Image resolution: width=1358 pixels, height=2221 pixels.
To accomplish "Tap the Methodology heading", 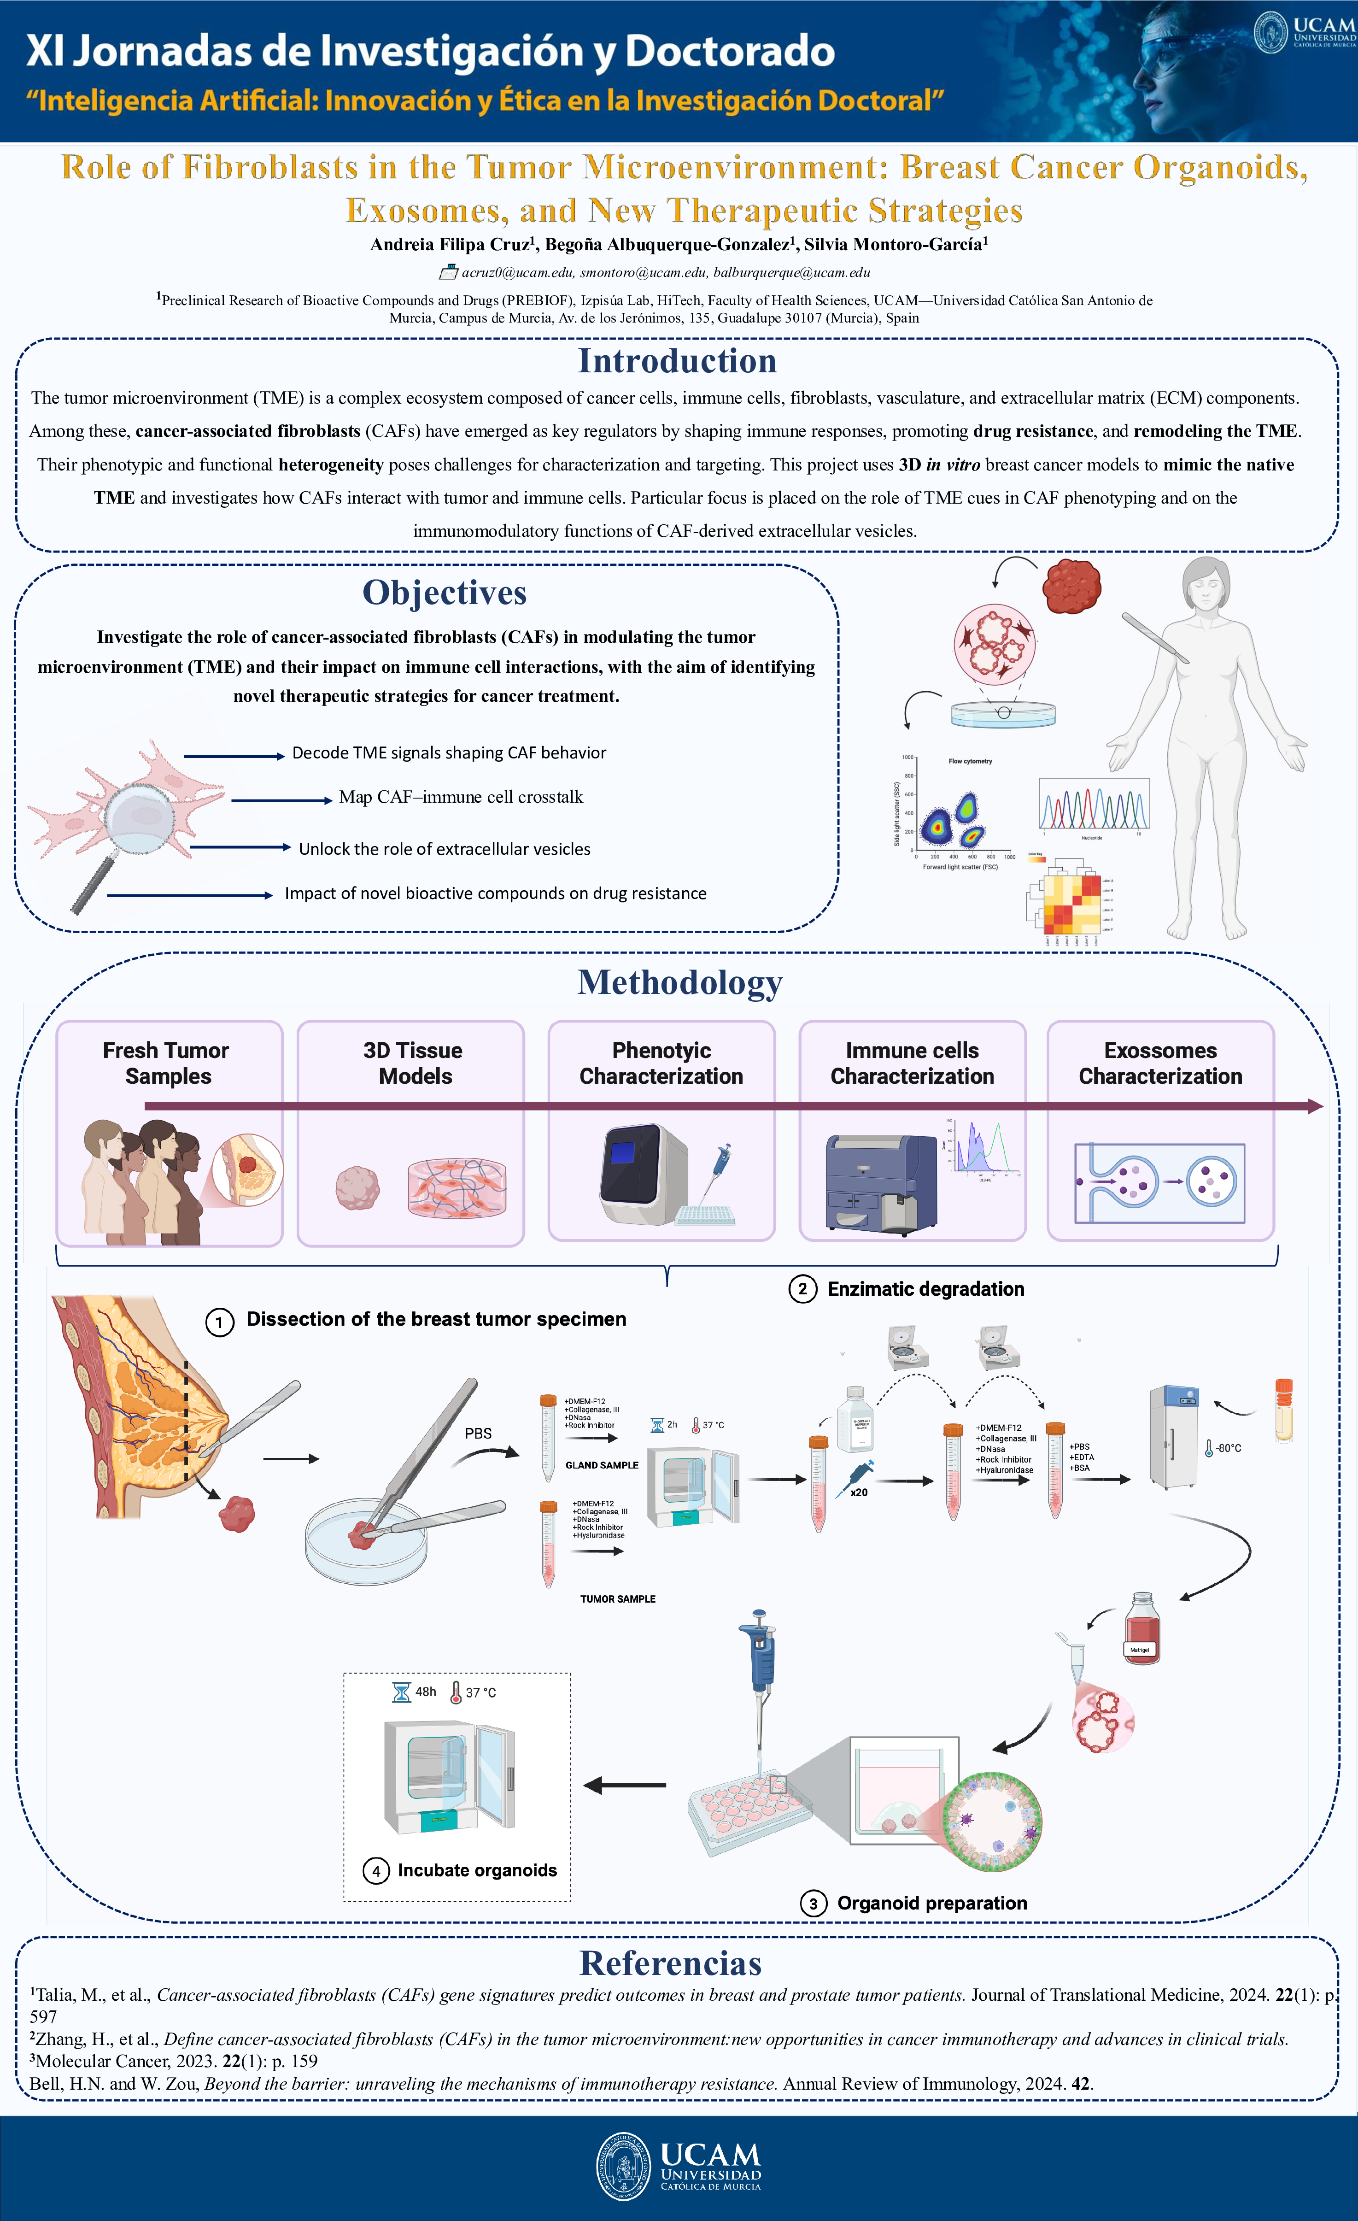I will [679, 982].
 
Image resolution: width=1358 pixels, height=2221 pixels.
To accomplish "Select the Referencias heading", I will [670, 1962].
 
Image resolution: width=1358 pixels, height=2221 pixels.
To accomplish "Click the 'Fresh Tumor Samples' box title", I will [167, 1063].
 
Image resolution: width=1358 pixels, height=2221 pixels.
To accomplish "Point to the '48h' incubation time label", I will [425, 1692].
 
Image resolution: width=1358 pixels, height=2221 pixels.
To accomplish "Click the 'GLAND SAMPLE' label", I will [601, 1465].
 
